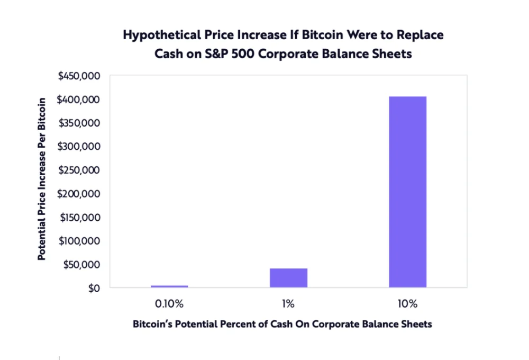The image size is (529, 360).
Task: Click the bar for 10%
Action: pos(407,192)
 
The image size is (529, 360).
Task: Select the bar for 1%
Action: pos(288,277)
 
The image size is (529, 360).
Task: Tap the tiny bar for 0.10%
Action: pos(169,286)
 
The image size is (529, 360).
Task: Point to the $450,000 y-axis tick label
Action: pos(79,76)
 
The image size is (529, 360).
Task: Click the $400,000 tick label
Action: pos(79,100)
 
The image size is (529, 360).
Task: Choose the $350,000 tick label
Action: pos(79,123)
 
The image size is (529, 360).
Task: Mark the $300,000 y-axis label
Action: pos(79,147)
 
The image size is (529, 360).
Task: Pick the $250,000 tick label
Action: pos(79,170)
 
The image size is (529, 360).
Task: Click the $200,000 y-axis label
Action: pos(79,194)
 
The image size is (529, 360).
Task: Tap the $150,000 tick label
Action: pos(79,217)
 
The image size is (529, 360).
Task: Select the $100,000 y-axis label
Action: pos(79,241)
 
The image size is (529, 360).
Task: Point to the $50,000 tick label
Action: pos(81,264)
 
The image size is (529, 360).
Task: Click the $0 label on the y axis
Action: pos(94,288)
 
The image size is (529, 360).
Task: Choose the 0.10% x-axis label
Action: pos(169,304)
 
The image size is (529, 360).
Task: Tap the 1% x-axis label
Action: pos(288,304)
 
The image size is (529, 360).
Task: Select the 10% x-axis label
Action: pos(407,304)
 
